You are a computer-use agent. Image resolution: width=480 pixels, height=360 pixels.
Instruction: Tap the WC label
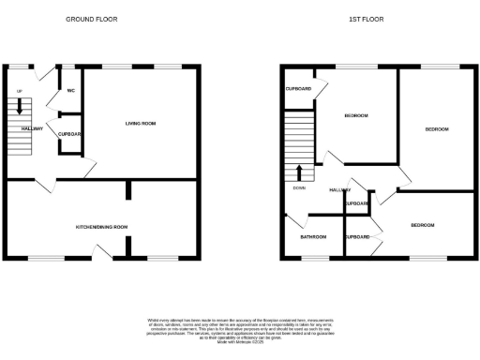point(71,91)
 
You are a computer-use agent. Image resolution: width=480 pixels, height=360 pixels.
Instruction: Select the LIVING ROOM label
point(141,123)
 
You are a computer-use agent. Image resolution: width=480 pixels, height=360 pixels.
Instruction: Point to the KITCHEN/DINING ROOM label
point(101,227)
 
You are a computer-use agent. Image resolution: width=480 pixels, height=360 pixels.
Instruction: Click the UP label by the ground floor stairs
point(18,91)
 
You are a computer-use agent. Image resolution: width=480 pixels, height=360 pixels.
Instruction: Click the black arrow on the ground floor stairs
point(18,107)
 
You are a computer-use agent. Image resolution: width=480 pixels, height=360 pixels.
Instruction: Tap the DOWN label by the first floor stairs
point(299,187)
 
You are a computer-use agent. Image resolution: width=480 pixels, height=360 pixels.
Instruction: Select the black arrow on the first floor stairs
point(299,172)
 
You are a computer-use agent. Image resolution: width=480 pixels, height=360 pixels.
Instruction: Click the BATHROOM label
point(312,237)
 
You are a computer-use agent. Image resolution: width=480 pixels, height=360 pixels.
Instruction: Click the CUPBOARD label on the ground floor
point(70,134)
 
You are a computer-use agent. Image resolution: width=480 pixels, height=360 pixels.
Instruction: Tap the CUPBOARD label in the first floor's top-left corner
point(298,88)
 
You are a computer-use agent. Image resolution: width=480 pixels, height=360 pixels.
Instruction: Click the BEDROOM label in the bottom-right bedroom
point(424,225)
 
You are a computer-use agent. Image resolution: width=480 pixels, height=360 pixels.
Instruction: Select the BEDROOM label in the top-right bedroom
point(437,128)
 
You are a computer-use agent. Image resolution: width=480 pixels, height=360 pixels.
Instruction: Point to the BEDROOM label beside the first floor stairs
point(356,115)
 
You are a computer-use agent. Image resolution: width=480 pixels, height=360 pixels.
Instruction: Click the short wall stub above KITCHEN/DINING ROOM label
point(128,190)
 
